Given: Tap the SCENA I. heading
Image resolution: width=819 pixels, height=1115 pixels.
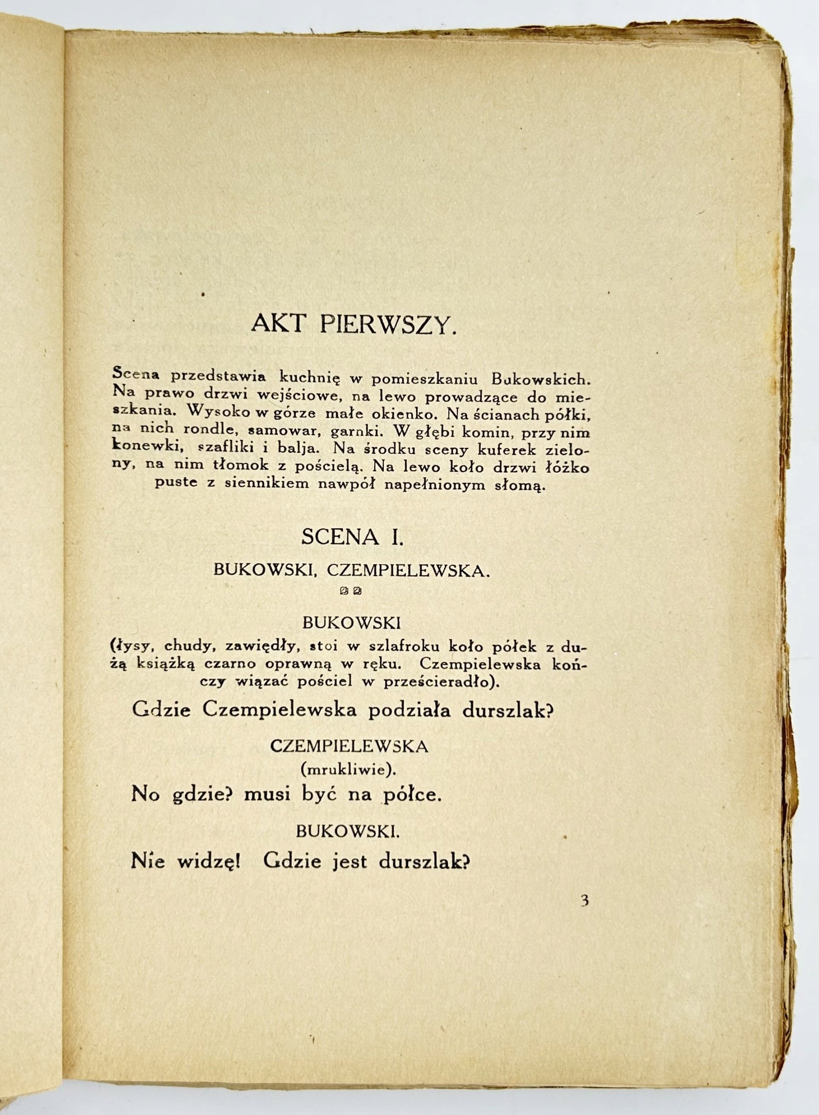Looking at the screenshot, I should tap(352, 537).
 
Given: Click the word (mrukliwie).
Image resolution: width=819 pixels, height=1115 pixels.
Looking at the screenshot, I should tap(349, 769).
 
